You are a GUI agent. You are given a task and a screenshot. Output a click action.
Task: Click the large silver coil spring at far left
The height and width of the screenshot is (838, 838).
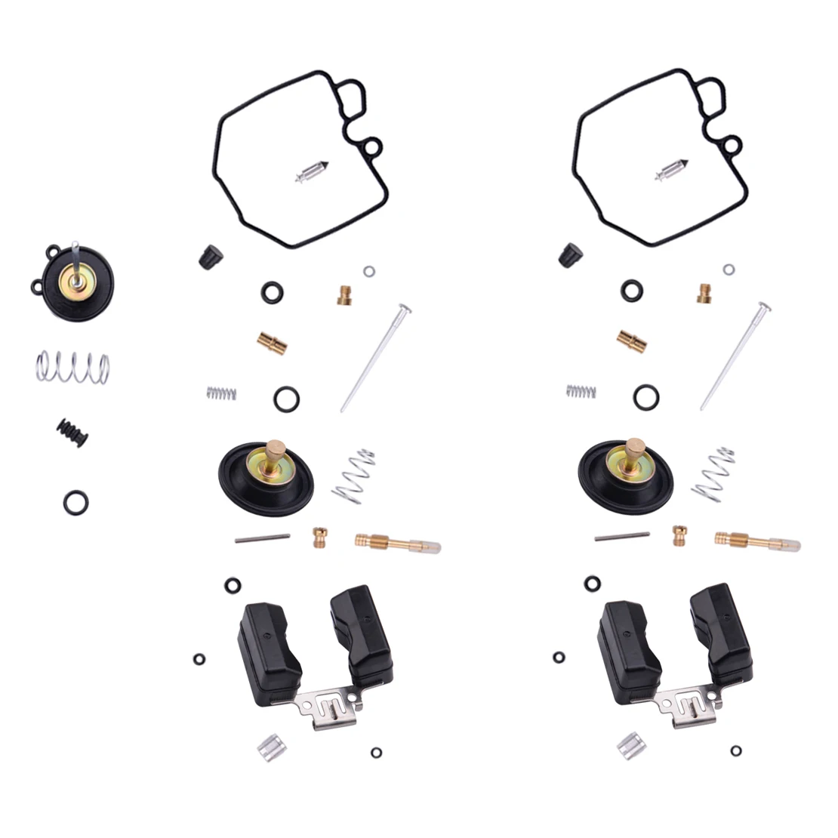pyautogui.click(x=72, y=367)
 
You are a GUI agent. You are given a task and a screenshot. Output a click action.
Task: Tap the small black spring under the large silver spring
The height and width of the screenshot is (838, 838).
pyautogui.click(x=72, y=432)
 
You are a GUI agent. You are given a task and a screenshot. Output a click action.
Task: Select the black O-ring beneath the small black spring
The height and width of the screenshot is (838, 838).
pyautogui.click(x=75, y=501)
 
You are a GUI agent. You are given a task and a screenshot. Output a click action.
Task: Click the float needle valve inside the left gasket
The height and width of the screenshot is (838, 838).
pyautogui.click(x=311, y=172)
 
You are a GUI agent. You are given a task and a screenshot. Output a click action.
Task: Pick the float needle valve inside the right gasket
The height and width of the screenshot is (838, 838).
pyautogui.click(x=670, y=172)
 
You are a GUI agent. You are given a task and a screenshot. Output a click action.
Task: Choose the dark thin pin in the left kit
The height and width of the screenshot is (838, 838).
pyautogui.click(x=262, y=537)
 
